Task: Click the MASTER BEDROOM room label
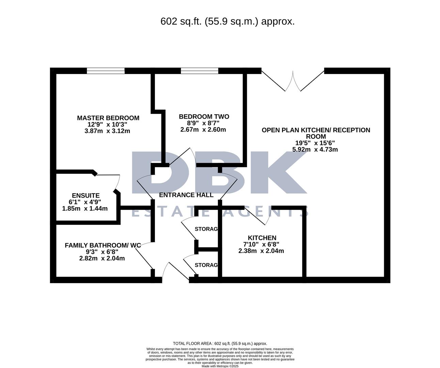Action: tap(108, 118)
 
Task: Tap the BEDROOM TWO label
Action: tap(204, 117)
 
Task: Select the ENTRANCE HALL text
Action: tap(186, 195)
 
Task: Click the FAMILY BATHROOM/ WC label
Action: tap(103, 245)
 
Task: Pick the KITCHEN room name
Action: tap(262, 238)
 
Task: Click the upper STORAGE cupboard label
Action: tap(206, 229)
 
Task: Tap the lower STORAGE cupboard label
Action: tap(206, 265)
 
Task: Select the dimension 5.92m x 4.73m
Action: tap(315, 149)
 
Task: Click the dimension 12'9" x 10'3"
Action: tap(107, 125)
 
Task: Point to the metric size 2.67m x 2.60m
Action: tap(203, 129)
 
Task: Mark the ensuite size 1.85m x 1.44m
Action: tap(85, 209)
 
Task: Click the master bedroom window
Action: tap(106, 71)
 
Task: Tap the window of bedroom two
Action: tap(199, 71)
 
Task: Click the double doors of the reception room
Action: tap(293, 82)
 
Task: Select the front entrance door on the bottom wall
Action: tap(175, 271)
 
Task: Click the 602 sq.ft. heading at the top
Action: tap(227, 21)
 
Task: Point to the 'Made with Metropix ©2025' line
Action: tap(220, 366)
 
